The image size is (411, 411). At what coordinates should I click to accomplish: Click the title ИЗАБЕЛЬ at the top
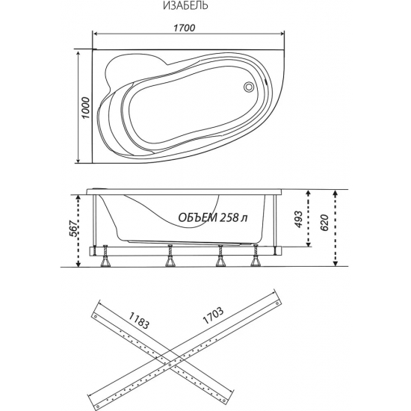[x=185, y=5]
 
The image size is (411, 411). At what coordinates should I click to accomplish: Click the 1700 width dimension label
[x=185, y=28]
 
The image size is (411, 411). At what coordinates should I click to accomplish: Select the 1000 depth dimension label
[x=86, y=108]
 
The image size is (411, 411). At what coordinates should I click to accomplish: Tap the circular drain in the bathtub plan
[x=249, y=87]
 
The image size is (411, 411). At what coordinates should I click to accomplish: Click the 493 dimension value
[x=299, y=219]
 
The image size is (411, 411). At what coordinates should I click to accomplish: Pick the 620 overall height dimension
[x=324, y=223]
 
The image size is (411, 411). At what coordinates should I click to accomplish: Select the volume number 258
[x=229, y=217]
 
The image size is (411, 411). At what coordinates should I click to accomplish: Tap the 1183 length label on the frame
[x=139, y=321]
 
